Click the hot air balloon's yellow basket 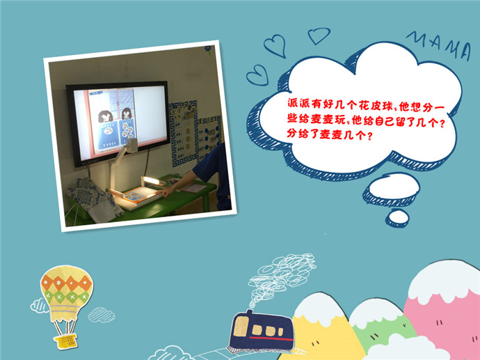point(65,341)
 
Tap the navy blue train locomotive point(262,331)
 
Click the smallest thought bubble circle point(398,218)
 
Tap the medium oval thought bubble point(391,189)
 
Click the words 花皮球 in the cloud point(376,106)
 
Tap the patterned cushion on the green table point(95,200)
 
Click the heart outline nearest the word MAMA point(319,36)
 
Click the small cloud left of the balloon point(39,306)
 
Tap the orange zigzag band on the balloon point(66,283)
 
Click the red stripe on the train point(271,338)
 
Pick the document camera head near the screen point(131,146)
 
